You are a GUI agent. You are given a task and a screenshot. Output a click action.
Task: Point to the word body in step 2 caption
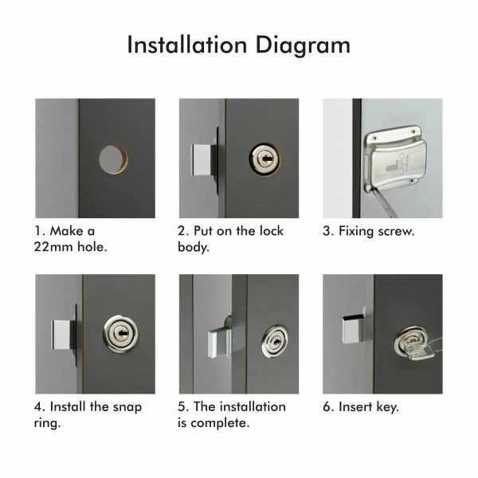coord(194,246)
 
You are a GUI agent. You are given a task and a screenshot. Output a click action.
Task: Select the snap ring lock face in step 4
coord(119,333)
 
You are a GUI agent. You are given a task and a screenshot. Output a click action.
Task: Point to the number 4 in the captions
coord(39,406)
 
